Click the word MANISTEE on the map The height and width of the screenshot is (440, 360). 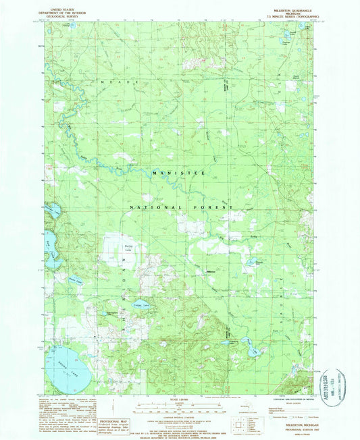178,173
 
